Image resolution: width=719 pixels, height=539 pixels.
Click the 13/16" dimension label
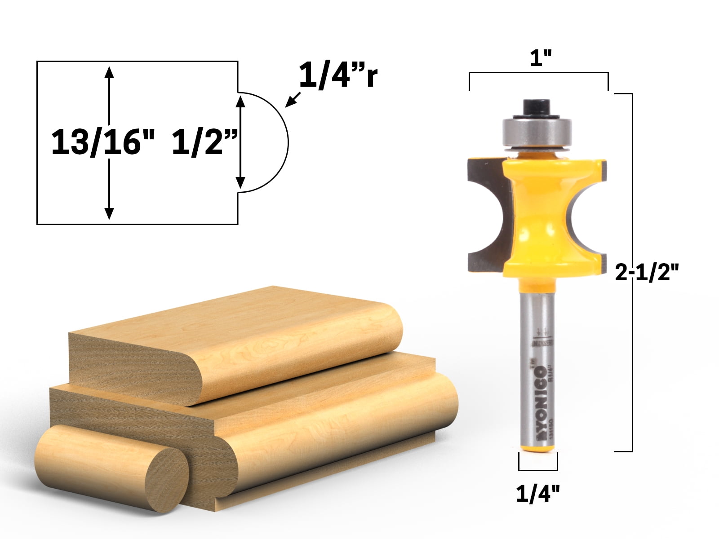tap(103, 142)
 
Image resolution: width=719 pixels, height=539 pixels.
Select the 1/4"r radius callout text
tap(338, 75)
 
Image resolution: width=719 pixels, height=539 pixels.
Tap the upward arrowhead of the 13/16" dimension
tap(109, 72)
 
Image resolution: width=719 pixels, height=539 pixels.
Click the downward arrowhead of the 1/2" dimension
tap(240, 182)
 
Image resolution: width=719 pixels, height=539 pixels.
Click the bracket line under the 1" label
tap(539, 73)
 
